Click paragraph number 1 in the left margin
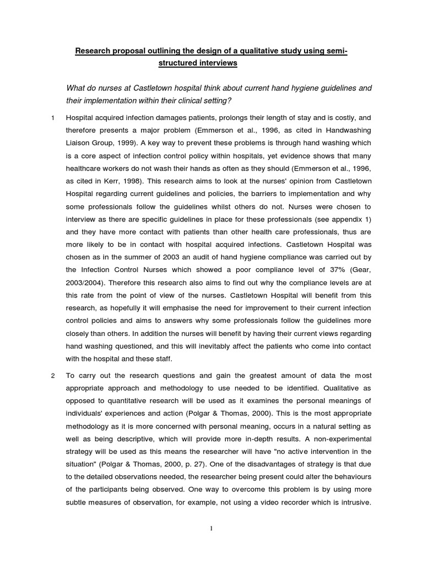52,118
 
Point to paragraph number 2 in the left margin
52,376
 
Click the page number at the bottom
211,529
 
